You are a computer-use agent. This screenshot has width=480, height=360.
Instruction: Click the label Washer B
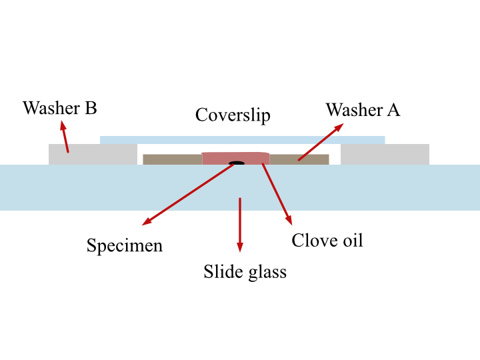60,108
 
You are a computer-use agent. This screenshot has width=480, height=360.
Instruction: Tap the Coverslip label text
233,115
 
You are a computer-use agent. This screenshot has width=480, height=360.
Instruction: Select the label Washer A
363,109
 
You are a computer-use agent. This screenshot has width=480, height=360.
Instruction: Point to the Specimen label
125,246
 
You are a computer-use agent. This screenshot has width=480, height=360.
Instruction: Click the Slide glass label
245,272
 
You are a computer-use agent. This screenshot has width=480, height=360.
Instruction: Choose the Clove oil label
327,240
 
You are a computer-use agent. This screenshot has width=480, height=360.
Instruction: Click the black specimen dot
237,163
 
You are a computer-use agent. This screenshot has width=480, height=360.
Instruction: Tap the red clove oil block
236,159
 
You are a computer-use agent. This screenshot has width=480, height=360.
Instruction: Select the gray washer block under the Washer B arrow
93,155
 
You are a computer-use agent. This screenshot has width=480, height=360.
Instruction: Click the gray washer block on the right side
385,155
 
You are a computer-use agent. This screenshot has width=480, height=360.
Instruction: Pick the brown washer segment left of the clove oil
173,159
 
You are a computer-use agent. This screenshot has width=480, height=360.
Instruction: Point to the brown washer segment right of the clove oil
299,159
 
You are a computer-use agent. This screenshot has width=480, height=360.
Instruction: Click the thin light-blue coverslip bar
243,140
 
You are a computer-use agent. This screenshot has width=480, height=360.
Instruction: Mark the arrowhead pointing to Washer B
63,125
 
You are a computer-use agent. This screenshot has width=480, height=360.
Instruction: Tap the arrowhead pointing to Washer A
339,127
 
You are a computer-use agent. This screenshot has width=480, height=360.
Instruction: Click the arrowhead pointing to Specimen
147,221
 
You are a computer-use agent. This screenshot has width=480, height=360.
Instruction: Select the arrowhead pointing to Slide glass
240,247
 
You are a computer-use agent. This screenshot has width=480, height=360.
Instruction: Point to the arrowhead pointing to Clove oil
289,220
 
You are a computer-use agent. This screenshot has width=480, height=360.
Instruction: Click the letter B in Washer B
91,108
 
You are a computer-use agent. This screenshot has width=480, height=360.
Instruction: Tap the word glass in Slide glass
267,273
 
